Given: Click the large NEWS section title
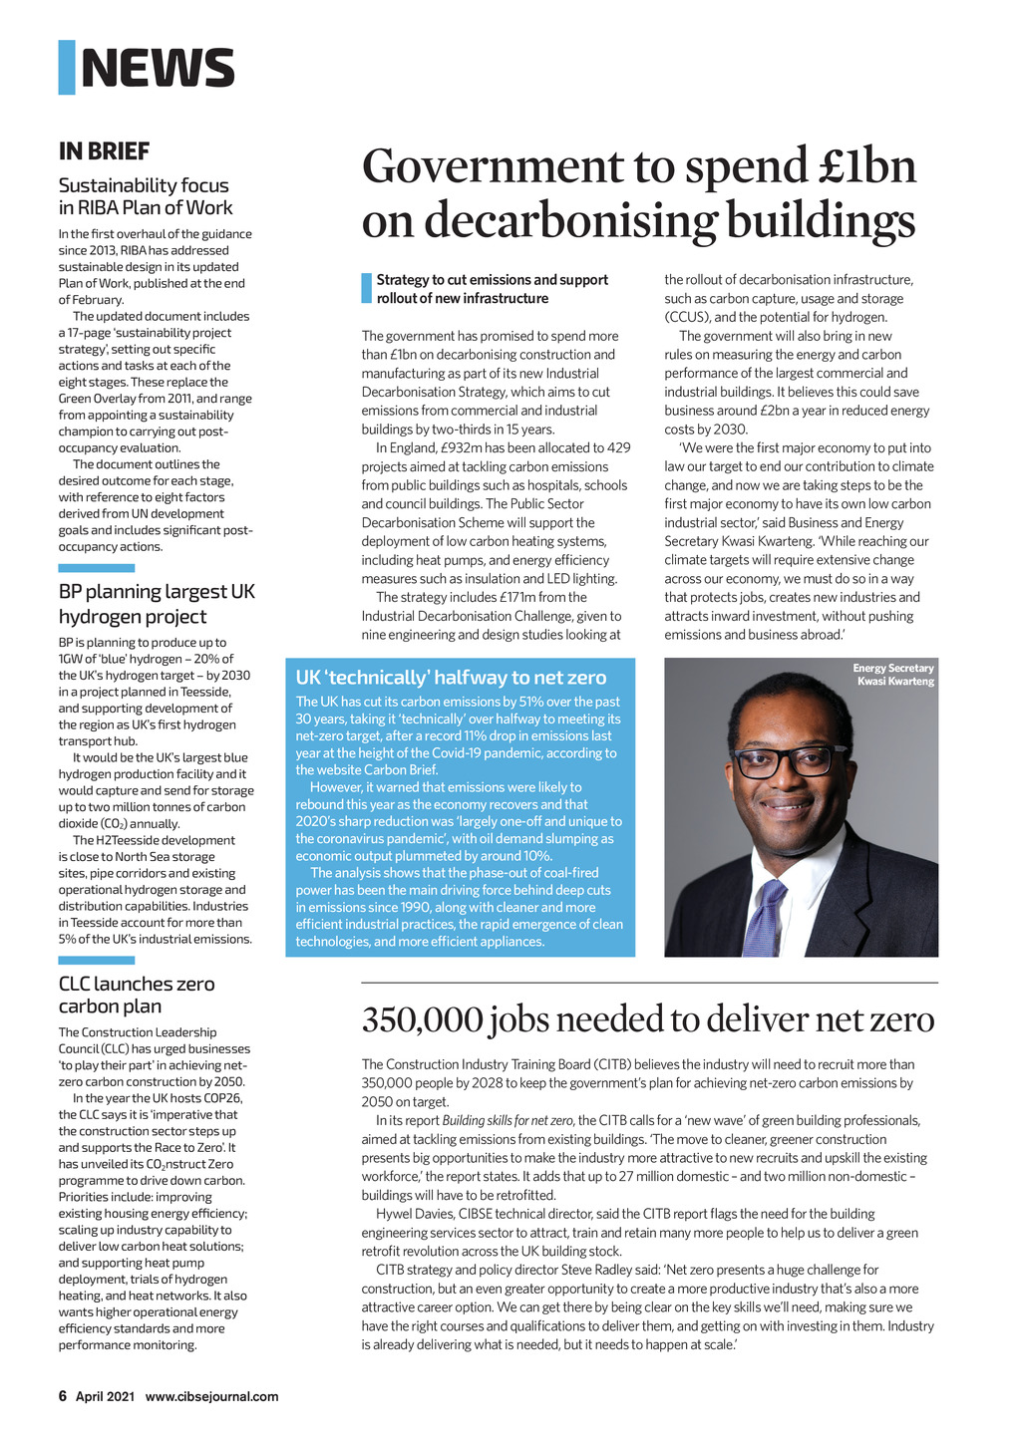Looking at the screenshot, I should [x=158, y=68].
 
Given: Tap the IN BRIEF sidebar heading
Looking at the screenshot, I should [x=104, y=151].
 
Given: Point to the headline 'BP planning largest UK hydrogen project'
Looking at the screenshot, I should [x=157, y=604].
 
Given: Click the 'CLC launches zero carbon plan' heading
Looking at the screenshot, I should [x=137, y=995].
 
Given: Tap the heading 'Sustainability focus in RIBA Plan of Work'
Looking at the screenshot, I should [x=146, y=196].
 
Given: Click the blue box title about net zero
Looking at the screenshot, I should [x=451, y=678].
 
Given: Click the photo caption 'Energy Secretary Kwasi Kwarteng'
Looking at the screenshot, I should [x=893, y=675].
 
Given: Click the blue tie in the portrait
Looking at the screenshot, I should [x=765, y=917].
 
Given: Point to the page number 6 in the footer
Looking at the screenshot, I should [x=62, y=1396].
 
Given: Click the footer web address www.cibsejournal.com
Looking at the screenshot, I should [x=211, y=1396].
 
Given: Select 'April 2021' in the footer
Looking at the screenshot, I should [x=105, y=1396].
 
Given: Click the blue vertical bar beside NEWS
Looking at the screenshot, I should [x=67, y=68].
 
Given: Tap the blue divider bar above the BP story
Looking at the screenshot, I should [x=96, y=568].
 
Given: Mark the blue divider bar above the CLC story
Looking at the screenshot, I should [x=96, y=961].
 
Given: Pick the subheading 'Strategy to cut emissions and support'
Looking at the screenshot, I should [x=492, y=280].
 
